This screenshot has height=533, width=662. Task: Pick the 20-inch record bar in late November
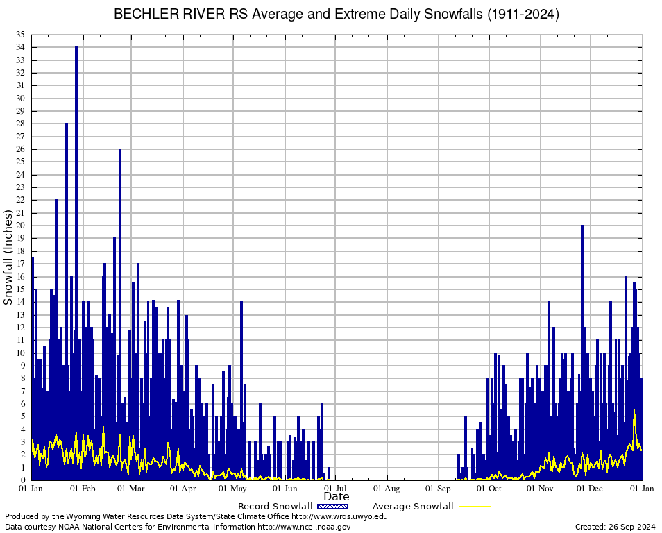pyautogui.click(x=582, y=312)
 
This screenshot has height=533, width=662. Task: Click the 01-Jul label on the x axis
pyautogui.click(x=335, y=489)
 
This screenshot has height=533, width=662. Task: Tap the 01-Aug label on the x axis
pyautogui.click(x=387, y=489)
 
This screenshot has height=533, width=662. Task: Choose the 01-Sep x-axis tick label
pyautogui.click(x=439, y=489)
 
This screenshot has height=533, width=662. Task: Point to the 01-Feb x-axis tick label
pyautogui.click(x=83, y=489)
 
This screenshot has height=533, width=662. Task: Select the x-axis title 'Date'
pyautogui.click(x=337, y=497)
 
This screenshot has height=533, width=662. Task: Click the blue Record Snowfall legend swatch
pyautogui.click(x=332, y=507)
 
